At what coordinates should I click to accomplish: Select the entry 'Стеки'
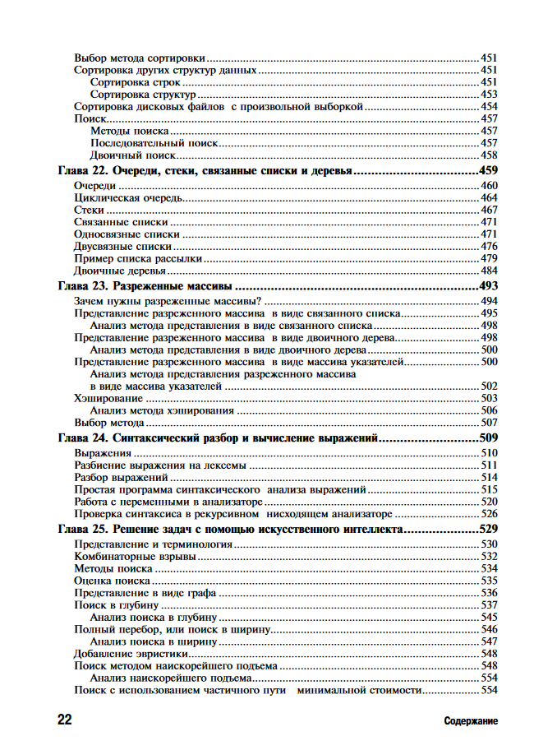[x=89, y=211]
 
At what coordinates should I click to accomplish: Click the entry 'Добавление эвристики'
[x=127, y=654]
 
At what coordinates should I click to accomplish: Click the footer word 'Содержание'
[x=471, y=721]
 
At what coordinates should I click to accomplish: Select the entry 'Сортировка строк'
[x=136, y=83]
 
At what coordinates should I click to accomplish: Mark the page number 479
[x=490, y=258]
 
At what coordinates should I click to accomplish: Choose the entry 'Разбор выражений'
[x=121, y=477]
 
